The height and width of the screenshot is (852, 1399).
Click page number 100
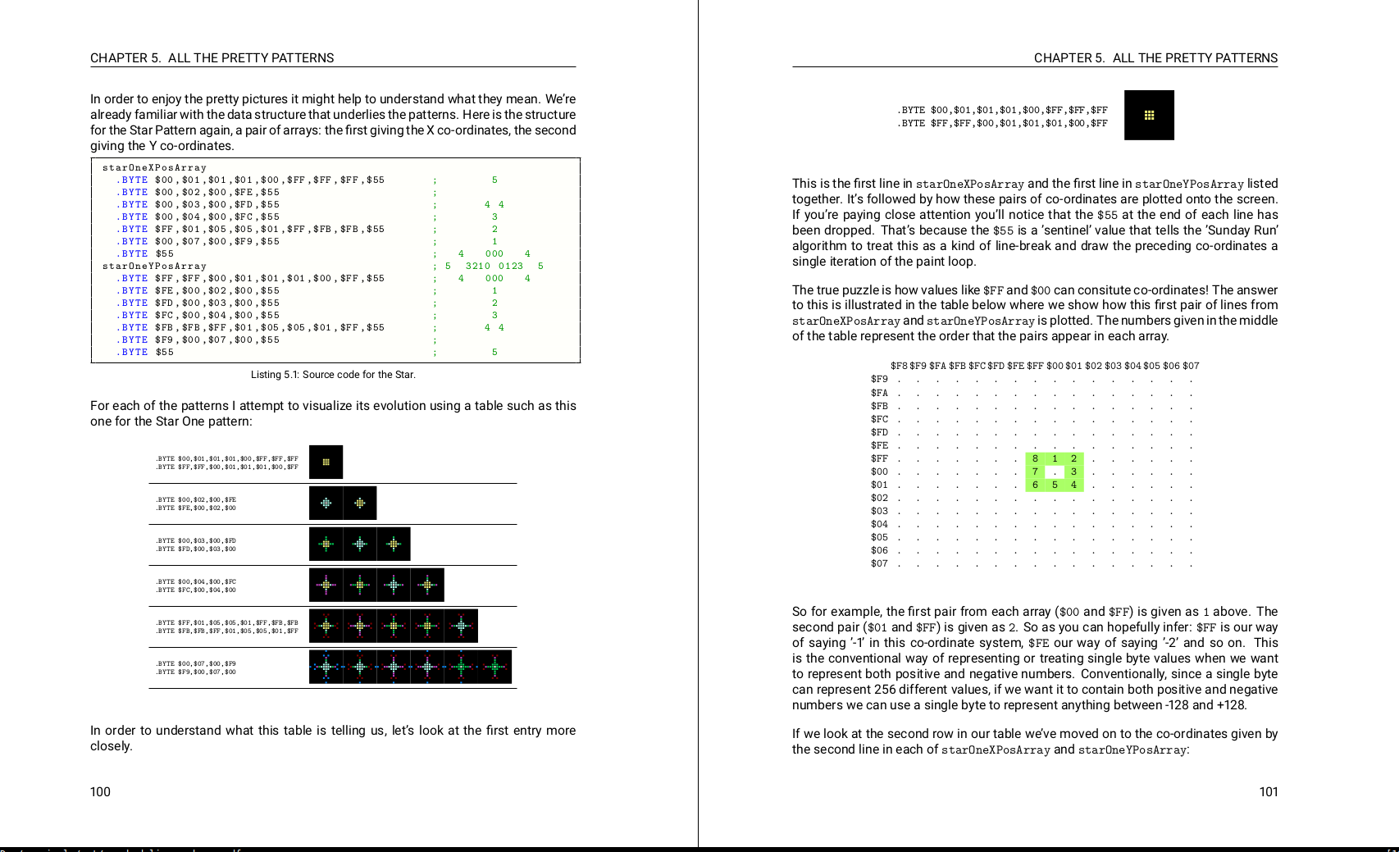(100, 792)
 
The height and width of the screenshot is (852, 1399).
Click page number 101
(1268, 792)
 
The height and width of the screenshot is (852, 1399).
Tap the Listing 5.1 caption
(333, 375)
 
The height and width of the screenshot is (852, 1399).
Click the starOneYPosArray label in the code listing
(154, 267)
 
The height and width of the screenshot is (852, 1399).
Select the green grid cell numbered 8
(1035, 459)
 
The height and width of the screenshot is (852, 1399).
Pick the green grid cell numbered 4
(1073, 485)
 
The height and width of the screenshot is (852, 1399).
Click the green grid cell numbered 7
(1035, 472)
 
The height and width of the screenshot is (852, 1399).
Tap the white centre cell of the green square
(1055, 472)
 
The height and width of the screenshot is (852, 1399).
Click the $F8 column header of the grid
(899, 367)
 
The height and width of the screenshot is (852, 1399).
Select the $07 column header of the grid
(1191, 367)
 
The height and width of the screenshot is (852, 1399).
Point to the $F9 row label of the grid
(879, 380)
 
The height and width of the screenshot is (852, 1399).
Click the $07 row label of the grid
(879, 564)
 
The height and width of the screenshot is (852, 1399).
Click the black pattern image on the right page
(1149, 116)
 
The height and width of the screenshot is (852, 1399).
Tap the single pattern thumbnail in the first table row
(326, 462)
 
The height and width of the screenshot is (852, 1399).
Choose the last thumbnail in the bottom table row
(495, 667)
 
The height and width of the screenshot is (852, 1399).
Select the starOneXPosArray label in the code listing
(154, 168)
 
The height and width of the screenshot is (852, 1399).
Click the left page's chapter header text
(212, 58)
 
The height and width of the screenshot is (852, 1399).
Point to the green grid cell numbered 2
(1073, 459)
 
